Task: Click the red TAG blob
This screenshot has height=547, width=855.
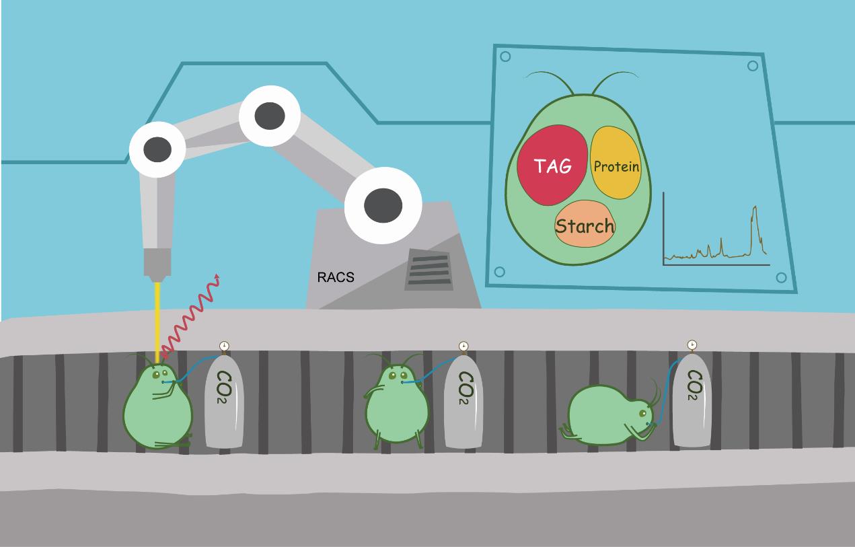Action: (x=552, y=166)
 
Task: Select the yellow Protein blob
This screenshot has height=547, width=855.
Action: (x=616, y=165)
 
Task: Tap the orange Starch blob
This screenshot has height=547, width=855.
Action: (x=585, y=225)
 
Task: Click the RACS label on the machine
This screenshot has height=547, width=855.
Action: (x=335, y=277)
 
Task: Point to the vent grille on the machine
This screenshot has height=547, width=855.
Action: (x=428, y=270)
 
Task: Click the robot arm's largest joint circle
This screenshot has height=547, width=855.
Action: (x=383, y=205)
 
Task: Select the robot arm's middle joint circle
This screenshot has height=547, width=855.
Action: (x=270, y=116)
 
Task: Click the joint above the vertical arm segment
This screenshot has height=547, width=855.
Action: (x=157, y=149)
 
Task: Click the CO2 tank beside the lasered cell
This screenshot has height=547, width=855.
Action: (x=224, y=402)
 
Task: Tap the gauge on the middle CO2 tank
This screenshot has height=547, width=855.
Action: (x=463, y=347)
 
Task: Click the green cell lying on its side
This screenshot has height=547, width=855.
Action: (x=605, y=414)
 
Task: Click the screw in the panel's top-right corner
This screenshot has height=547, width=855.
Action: (x=753, y=66)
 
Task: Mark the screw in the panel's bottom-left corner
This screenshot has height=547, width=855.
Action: (x=499, y=272)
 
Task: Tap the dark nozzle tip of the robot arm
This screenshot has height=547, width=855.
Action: (x=157, y=276)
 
